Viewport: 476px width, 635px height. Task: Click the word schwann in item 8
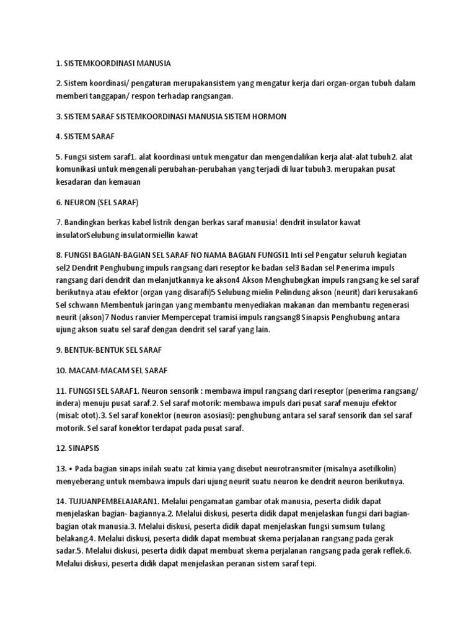click(x=79, y=306)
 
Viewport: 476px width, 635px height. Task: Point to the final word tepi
click(x=309, y=564)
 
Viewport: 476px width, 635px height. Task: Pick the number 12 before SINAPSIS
click(x=61, y=447)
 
